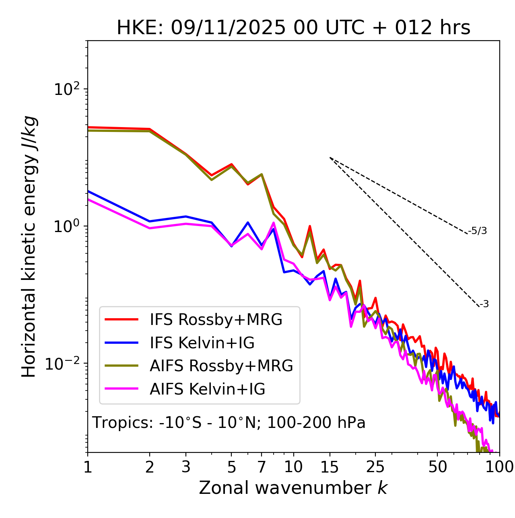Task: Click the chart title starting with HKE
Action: (293, 28)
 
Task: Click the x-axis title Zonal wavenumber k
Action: (293, 488)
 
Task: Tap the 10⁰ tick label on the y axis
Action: (67, 226)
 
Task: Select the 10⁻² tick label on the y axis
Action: (63, 364)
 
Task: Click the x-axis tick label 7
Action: (262, 467)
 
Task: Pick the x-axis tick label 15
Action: (330, 467)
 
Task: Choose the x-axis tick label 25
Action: (375, 467)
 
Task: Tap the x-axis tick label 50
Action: (437, 467)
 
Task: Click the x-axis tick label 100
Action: (499, 467)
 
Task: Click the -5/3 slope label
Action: (478, 231)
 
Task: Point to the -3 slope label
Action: (484, 304)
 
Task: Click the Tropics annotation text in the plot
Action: (229, 423)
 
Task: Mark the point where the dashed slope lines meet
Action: (330, 158)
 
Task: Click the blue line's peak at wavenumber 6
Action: (248, 222)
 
